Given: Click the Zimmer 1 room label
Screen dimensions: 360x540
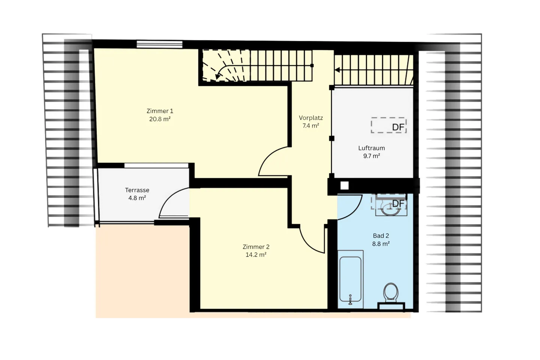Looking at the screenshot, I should tap(160, 111).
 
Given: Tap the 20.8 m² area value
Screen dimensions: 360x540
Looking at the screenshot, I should tap(160, 119).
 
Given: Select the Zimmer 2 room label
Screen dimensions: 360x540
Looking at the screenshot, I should tap(256, 247).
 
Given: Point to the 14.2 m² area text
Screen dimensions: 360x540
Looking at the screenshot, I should tap(256, 255).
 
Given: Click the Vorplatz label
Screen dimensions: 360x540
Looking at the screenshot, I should tap(310, 118).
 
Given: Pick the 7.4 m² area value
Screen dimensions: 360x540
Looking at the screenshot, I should tap(310, 126).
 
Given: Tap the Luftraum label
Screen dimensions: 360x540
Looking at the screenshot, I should tap(371, 148).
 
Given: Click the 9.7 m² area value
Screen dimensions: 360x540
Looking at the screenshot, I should tap(371, 156).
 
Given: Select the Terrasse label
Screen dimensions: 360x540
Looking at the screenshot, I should tap(137, 190).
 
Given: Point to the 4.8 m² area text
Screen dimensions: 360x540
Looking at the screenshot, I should tap(137, 198).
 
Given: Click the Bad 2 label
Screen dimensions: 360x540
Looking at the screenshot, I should tap(381, 236).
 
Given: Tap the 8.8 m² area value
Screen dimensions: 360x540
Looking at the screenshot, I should tap(381, 244).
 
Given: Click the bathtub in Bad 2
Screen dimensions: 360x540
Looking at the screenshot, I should tap(351, 279).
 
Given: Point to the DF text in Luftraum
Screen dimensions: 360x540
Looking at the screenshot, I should tap(398, 127).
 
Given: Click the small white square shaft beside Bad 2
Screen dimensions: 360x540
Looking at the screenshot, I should tap(344, 185).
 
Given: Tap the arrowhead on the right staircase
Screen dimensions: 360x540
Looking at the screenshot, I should tap(337, 70).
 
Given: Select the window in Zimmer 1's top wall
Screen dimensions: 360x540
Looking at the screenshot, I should tap(159, 44).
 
